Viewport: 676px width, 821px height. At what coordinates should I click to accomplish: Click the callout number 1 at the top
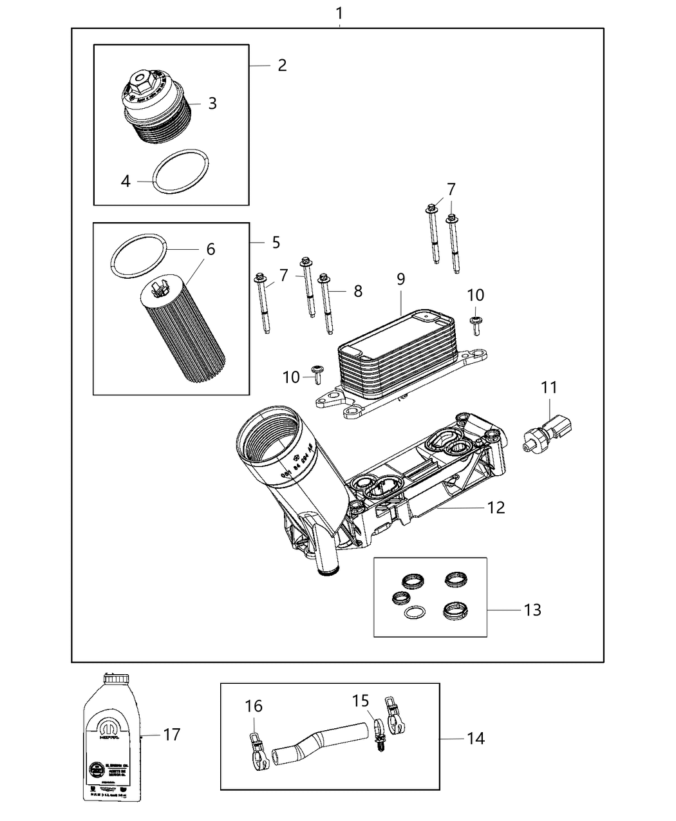tap(339, 12)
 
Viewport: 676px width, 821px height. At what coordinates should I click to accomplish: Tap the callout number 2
tap(282, 65)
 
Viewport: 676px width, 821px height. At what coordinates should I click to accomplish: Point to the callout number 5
tap(276, 242)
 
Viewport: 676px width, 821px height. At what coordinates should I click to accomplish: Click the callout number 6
tap(211, 249)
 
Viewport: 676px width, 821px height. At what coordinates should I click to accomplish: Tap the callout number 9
tap(400, 279)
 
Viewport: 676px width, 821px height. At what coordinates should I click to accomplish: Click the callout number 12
tap(496, 507)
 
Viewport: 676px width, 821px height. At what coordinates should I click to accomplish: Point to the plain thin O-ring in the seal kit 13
tap(413, 613)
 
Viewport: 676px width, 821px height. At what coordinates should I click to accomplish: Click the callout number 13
tap(532, 609)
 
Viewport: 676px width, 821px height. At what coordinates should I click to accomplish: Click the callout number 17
tap(171, 734)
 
